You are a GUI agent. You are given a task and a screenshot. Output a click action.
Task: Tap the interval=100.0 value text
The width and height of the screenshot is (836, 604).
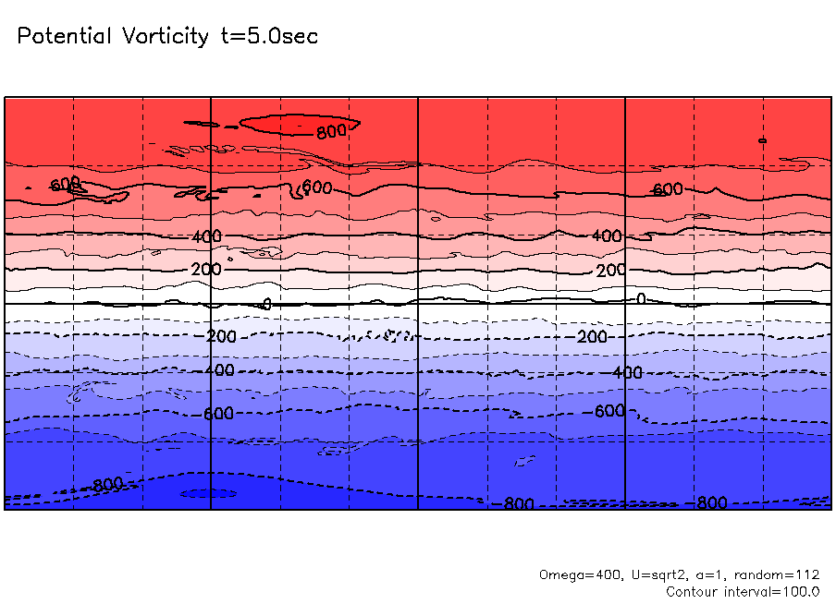tap(772, 591)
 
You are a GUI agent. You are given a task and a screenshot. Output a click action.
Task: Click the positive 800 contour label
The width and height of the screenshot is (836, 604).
tap(331, 131)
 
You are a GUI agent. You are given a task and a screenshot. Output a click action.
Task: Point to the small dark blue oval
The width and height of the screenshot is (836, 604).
tap(207, 493)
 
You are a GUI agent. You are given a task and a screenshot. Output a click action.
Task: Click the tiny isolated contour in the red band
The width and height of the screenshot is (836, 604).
tap(762, 140)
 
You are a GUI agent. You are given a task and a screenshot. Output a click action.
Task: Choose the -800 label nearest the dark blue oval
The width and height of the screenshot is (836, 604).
tap(108, 484)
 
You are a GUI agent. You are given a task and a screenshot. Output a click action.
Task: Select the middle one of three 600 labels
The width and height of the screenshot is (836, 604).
tap(317, 187)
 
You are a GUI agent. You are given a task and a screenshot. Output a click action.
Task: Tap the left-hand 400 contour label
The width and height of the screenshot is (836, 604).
tap(207, 236)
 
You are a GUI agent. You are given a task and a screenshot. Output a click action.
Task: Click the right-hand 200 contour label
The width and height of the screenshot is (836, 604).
tap(611, 271)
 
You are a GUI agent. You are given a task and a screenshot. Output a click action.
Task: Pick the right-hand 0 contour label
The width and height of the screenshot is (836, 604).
tap(641, 299)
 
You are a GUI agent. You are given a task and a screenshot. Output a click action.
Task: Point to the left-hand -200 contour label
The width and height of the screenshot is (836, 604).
tap(221, 336)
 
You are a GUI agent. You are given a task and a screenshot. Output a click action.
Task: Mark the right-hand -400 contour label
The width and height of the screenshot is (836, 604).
tap(627, 372)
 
